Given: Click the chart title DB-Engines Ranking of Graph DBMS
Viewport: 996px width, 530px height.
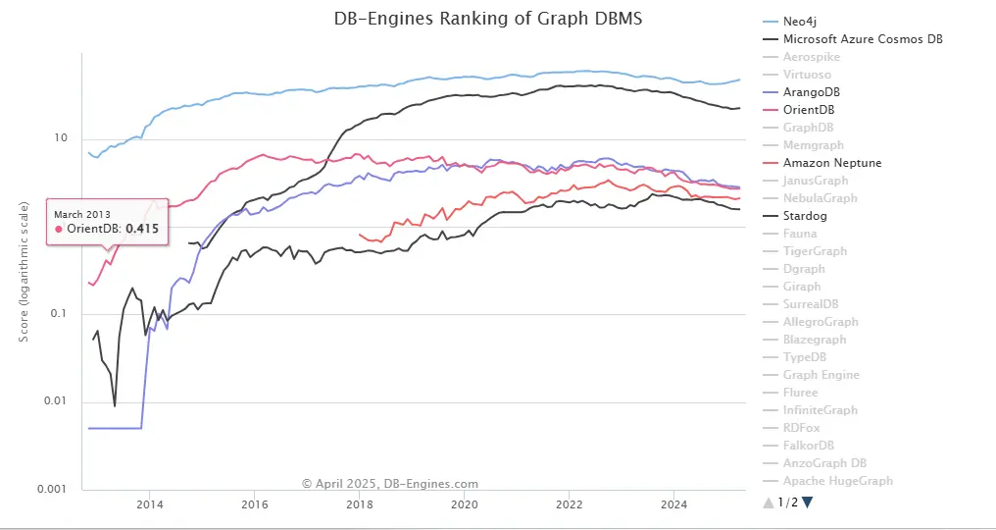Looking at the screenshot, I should [490, 20].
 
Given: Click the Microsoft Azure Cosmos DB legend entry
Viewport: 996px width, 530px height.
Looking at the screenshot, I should [863, 39].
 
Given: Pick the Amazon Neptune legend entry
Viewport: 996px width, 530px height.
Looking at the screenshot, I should [831, 163].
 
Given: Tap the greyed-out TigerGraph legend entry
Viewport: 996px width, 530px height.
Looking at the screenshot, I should [815, 251].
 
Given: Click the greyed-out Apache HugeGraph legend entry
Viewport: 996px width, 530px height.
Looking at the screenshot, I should [837, 481].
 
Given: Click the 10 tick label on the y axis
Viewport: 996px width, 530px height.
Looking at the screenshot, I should [61, 138].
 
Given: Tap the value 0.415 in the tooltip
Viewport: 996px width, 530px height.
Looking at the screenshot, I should [142, 229].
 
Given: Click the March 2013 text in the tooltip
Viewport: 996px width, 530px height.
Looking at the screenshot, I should [82, 213].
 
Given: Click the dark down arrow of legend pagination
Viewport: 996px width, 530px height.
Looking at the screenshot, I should [807, 503].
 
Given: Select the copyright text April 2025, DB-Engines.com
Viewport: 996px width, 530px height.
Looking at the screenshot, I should [390, 484].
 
